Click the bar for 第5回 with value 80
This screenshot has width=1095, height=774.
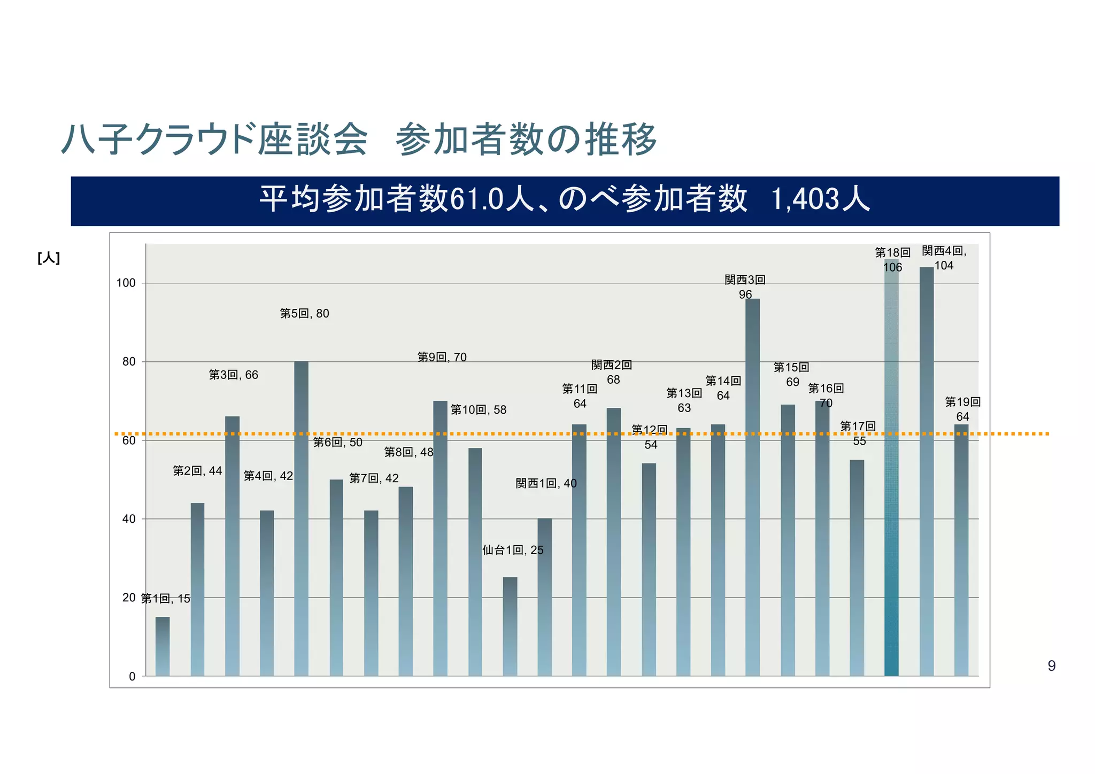[x=301, y=518]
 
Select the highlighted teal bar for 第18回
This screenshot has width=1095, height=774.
[x=891, y=470]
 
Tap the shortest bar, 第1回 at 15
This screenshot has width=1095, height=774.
[x=163, y=647]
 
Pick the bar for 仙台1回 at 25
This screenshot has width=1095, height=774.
[x=510, y=626]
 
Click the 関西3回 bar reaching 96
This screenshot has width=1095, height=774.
[x=752, y=486]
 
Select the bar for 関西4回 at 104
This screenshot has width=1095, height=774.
[x=927, y=470]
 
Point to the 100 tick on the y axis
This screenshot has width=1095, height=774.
[x=126, y=283]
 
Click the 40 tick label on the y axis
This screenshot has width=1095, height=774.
[x=129, y=519]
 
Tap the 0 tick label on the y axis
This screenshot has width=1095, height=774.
[x=132, y=677]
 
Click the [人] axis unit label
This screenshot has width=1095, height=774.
[x=49, y=259]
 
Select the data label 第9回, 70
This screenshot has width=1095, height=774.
[x=442, y=357]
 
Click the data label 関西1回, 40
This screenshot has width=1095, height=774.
[x=546, y=483]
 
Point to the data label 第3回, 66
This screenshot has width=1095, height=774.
[x=233, y=375]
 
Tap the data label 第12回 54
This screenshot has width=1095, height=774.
[x=650, y=437]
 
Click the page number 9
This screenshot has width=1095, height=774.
[x=1051, y=666]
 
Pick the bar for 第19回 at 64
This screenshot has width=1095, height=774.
[x=961, y=551]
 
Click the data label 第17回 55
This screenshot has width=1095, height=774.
[x=858, y=434]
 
